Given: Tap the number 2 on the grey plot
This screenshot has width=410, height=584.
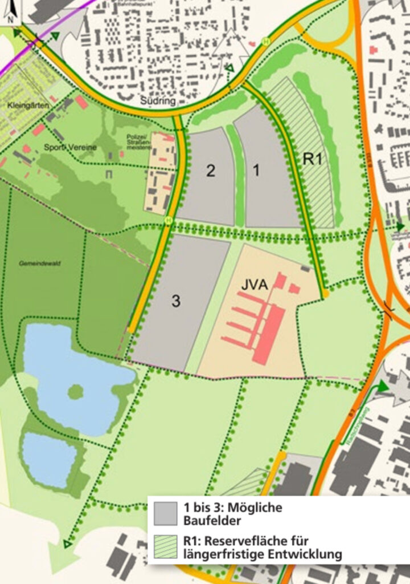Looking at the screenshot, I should point(211,171).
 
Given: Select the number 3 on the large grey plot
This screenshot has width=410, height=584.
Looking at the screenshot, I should point(176,301).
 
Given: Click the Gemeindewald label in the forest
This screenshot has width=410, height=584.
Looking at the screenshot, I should point(46,263).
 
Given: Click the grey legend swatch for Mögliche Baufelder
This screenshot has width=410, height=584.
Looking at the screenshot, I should point(166,513).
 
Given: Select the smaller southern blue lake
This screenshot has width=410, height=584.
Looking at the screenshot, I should point(49,460).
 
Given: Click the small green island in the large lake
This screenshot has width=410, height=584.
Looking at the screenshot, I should point(75,392).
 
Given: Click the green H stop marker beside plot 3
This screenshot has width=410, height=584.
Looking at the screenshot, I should point(168,220).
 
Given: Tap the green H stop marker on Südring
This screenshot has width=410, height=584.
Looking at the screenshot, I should point(265,41).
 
